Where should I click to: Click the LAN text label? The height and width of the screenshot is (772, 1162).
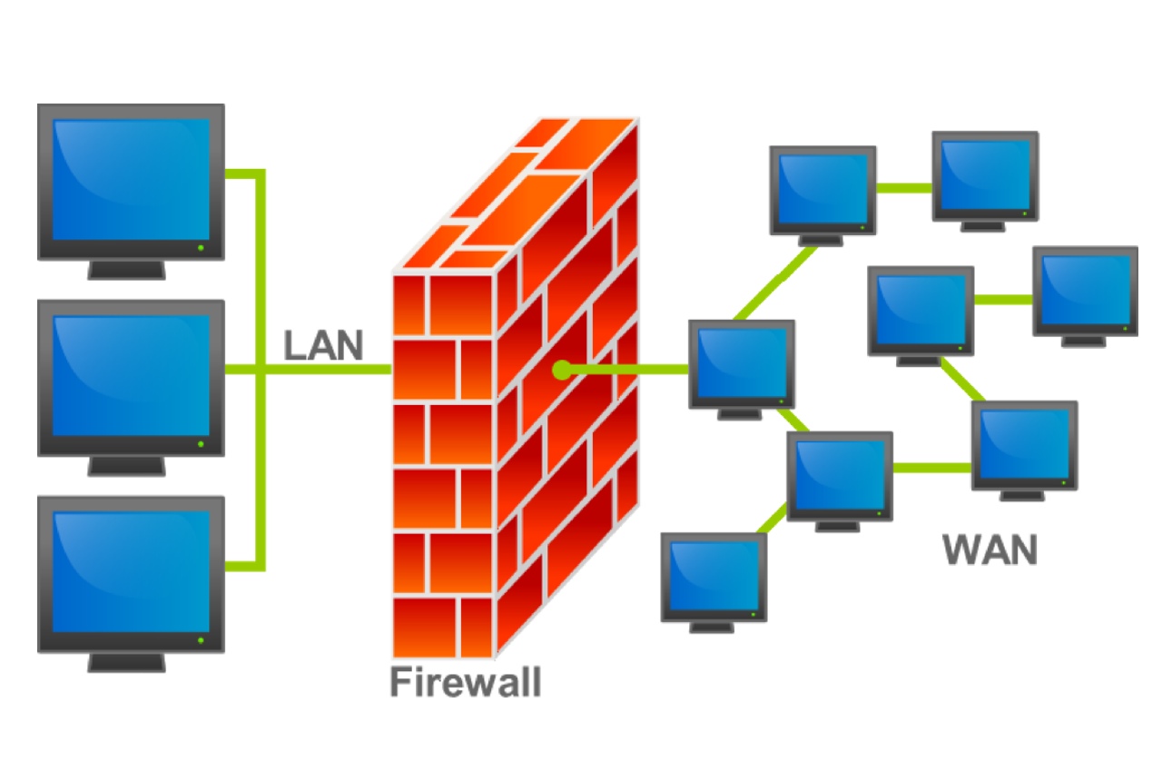323,346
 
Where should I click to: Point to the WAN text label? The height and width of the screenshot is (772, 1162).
990,550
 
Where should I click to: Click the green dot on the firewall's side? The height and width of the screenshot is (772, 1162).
562,370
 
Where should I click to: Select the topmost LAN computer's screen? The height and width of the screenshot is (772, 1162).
131,179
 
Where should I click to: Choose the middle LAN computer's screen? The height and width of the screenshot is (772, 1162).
131,376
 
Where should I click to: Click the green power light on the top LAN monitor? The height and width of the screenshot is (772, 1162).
201,246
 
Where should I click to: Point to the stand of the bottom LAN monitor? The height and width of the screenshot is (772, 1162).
127,661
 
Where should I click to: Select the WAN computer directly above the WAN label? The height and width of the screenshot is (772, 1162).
1024,445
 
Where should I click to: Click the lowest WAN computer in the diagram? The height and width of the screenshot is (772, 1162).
714,577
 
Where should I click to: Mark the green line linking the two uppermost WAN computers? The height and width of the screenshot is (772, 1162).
904,188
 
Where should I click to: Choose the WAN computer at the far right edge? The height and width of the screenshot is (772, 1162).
1085,291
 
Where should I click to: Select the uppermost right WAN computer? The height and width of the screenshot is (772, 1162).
985,176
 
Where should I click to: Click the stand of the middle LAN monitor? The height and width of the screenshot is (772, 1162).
127,465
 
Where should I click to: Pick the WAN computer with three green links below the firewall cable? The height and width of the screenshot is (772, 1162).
839,476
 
